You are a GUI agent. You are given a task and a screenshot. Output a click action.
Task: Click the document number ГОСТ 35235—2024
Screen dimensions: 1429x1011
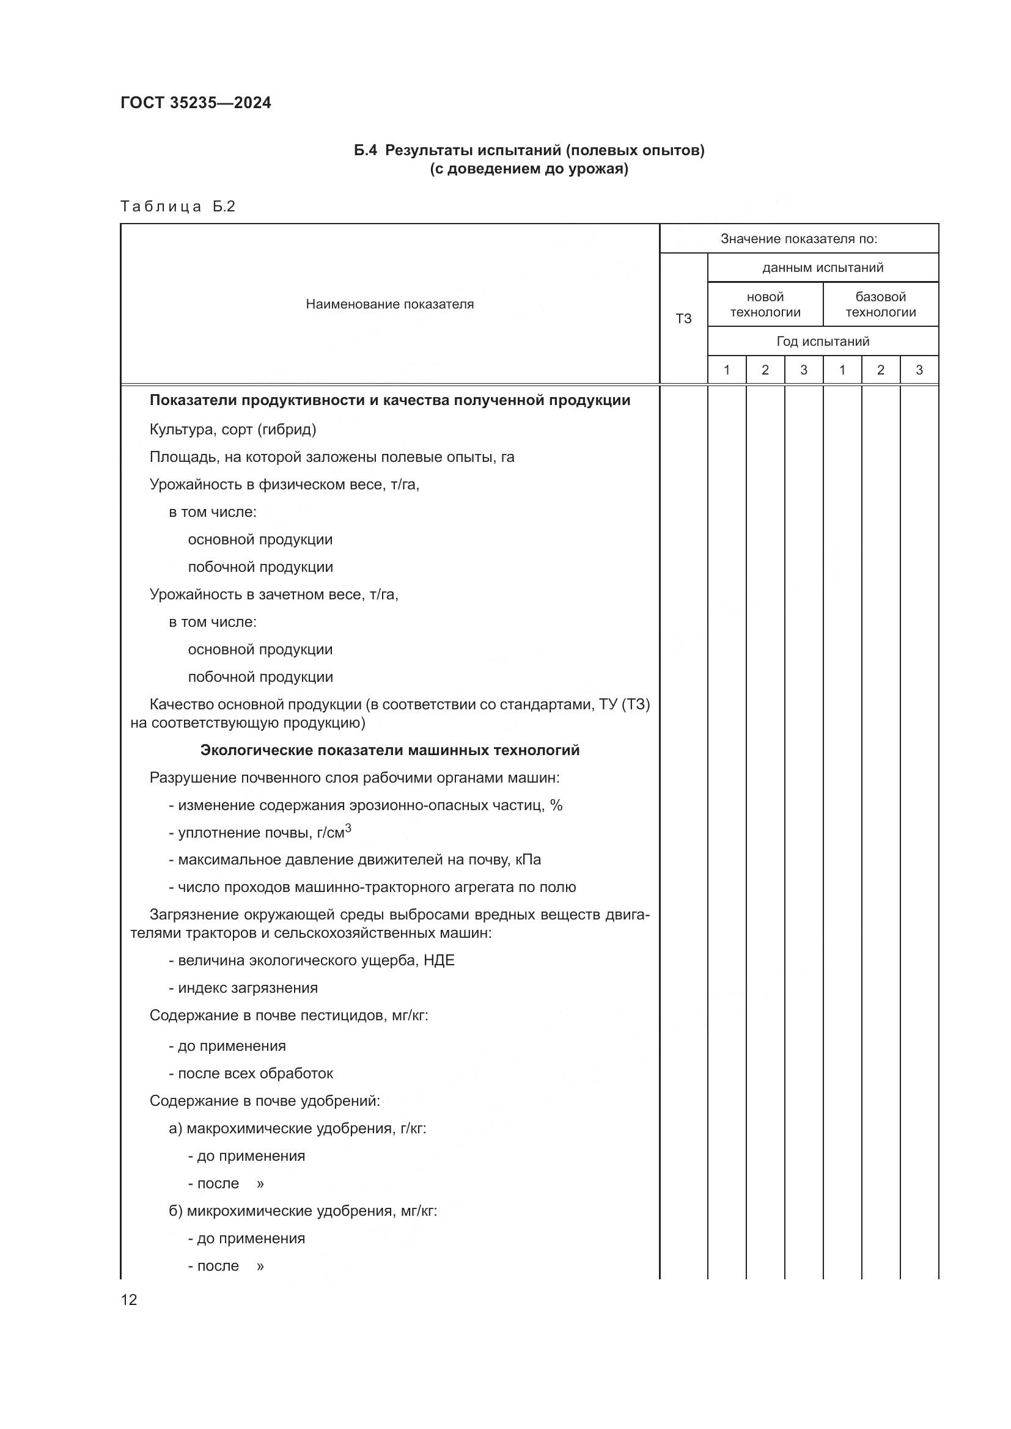pos(196,103)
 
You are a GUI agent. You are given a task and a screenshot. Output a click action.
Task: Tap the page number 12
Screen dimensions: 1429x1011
pos(129,1299)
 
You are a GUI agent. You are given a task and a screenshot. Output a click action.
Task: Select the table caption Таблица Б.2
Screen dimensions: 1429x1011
pos(177,206)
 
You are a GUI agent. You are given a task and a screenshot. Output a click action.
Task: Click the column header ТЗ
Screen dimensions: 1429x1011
pos(683,319)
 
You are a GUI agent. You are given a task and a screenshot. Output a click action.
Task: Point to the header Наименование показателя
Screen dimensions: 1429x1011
pos(390,304)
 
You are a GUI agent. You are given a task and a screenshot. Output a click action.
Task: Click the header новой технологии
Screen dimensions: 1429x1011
pos(765,304)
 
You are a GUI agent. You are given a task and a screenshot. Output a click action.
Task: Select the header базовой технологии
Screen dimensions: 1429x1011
pos(880,304)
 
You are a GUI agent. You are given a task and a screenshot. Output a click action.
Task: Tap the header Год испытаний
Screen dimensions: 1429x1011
pos(822,341)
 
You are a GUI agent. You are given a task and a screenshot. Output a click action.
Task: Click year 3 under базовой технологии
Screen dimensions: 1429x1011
pos(919,370)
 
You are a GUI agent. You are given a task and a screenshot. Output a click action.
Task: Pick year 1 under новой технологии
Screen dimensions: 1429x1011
pos(727,370)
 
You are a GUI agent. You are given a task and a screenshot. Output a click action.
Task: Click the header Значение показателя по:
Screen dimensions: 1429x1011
pos(799,238)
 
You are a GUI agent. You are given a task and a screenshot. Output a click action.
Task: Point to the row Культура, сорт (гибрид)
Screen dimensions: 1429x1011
pos(233,429)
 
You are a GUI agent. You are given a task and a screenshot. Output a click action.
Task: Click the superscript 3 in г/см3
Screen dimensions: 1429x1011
pos(348,828)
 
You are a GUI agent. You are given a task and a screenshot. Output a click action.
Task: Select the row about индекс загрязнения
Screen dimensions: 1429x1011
pos(243,988)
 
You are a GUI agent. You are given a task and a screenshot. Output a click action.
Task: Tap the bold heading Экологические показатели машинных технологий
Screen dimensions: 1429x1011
pos(390,751)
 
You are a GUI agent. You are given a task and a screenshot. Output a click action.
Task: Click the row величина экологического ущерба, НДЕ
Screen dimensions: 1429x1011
pos(311,960)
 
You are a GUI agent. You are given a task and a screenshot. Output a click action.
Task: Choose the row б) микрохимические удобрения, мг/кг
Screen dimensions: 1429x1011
pos(303,1210)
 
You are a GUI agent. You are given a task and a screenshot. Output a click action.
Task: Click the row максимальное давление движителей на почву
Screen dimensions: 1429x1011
pos(355,860)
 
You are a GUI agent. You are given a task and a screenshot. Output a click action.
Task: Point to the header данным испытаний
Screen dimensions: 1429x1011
pos(822,268)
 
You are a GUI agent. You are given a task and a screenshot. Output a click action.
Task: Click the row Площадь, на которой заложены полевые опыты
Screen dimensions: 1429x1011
pos(332,457)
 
